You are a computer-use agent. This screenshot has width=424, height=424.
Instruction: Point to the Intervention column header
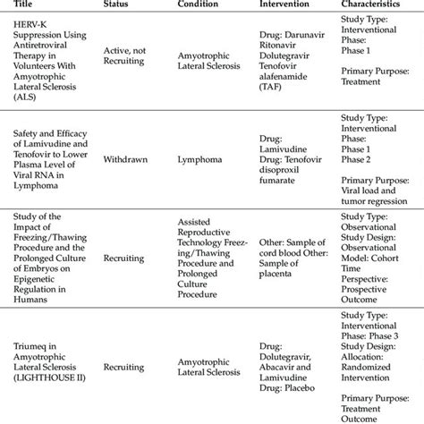point(284,5)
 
